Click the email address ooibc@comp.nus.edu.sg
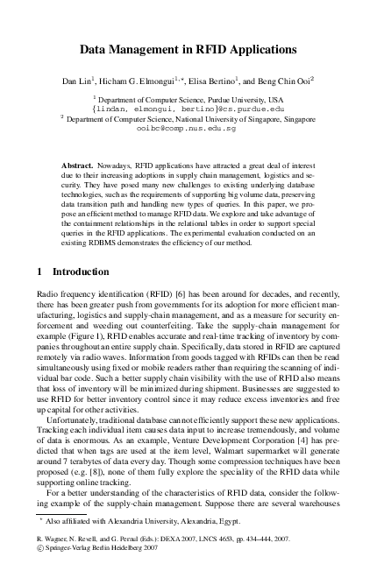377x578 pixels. [188, 128]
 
